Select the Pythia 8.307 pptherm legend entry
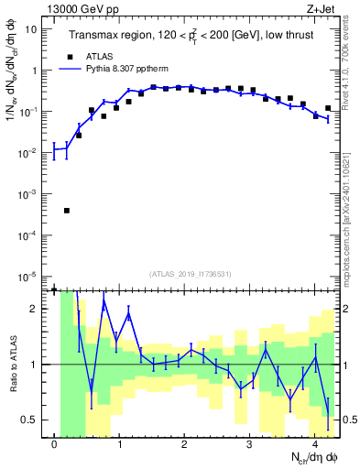117,68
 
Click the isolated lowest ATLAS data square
67,211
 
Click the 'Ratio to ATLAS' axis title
13,364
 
